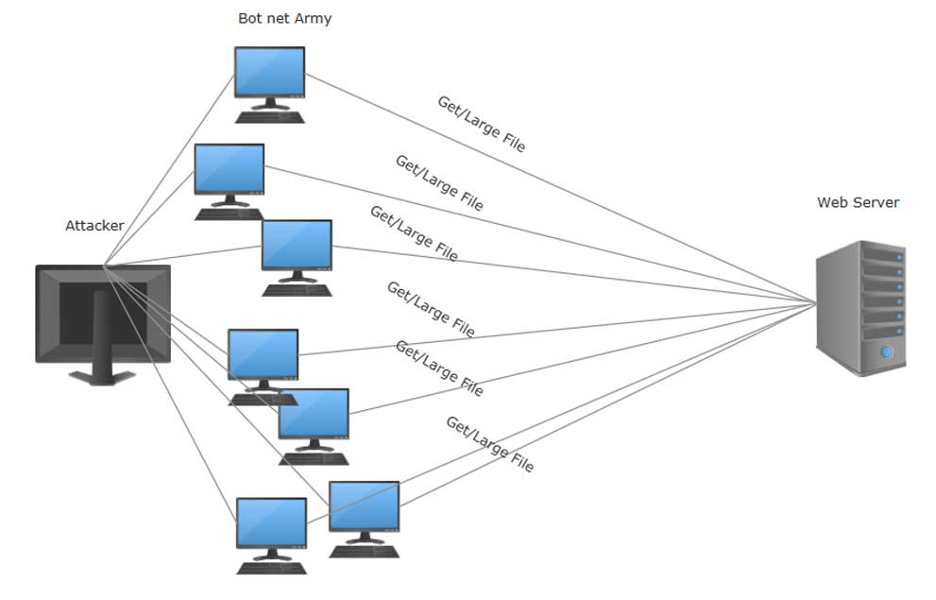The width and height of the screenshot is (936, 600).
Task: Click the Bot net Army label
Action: [x=284, y=18]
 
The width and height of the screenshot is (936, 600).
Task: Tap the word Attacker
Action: [x=94, y=226]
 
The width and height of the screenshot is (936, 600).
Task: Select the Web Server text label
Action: [x=858, y=202]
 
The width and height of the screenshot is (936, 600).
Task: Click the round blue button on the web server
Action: [x=887, y=352]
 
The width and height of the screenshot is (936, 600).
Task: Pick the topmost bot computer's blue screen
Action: [x=269, y=71]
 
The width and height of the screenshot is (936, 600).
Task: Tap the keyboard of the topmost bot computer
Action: [x=270, y=117]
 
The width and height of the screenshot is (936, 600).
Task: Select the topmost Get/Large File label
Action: [x=481, y=124]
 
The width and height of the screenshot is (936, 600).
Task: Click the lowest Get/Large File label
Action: [x=489, y=444]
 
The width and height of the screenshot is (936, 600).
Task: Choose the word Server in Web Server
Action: [x=878, y=202]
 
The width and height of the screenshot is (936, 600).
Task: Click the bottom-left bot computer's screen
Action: [x=271, y=522]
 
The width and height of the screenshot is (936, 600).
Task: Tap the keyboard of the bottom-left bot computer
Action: [x=271, y=568]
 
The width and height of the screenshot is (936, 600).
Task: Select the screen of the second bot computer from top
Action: [x=229, y=168]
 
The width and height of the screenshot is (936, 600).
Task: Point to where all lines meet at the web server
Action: [x=817, y=302]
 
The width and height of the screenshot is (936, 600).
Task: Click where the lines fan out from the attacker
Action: [x=103, y=266]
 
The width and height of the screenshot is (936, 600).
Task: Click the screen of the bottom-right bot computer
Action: [x=364, y=506]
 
